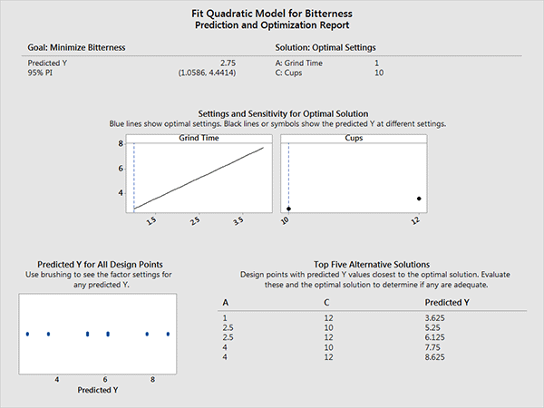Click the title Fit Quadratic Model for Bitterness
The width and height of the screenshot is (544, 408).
(x=272, y=13)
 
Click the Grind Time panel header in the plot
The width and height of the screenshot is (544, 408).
(x=199, y=139)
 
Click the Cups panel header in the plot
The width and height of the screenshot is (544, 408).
(x=354, y=139)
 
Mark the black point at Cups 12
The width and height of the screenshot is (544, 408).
(x=419, y=199)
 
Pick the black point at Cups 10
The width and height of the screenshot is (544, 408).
(x=289, y=209)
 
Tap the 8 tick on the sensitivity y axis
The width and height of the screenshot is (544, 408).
(x=121, y=144)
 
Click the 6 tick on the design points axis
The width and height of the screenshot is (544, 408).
(x=104, y=378)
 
